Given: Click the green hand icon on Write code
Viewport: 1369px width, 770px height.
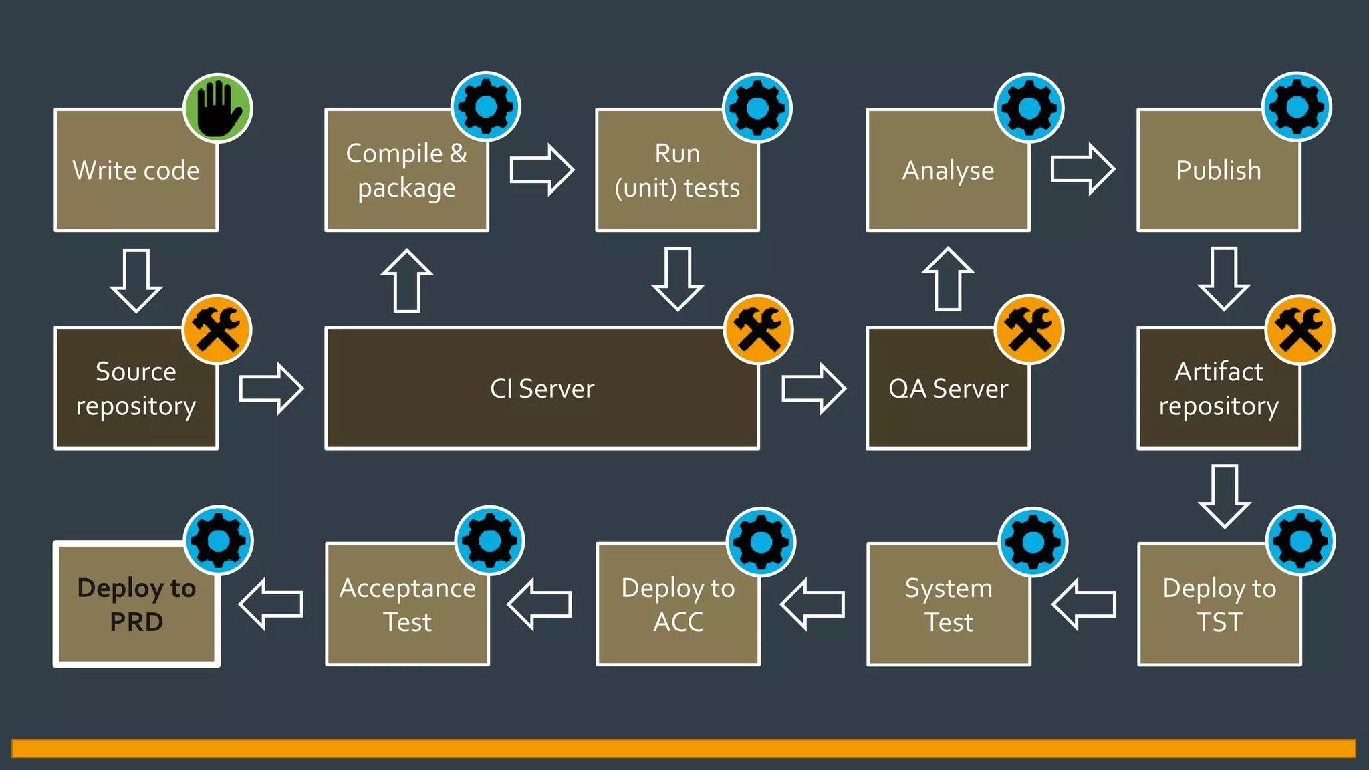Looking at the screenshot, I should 217,108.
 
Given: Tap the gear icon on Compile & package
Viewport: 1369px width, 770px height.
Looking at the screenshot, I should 486,107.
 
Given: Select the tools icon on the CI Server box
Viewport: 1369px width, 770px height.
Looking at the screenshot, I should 758,330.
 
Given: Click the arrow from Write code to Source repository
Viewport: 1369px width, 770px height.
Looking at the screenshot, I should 136,280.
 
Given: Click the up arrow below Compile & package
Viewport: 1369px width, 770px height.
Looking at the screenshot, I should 407,281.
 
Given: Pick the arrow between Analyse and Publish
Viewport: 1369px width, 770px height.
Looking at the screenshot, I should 1082,169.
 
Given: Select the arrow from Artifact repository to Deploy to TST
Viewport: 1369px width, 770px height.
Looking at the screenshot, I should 1224,496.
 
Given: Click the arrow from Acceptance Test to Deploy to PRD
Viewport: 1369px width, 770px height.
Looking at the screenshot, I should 271,604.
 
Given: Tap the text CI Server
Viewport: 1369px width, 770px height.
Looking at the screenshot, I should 542,388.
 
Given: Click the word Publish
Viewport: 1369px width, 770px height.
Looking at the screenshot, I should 1219,170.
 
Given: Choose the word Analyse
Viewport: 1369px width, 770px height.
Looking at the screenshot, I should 948,170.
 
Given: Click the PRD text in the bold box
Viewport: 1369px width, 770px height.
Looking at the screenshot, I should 136,622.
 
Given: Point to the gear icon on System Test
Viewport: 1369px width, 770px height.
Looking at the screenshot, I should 1033,542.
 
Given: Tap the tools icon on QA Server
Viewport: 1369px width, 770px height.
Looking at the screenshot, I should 1029,330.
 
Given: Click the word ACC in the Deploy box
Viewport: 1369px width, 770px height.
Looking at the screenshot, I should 678,622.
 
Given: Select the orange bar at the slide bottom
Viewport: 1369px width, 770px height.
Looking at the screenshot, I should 683,748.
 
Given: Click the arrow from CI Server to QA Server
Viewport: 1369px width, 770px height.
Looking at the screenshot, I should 814,388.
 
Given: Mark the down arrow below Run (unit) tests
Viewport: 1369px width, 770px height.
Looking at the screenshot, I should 678,279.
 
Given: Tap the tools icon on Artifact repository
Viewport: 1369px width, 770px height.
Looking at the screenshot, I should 1299,330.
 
